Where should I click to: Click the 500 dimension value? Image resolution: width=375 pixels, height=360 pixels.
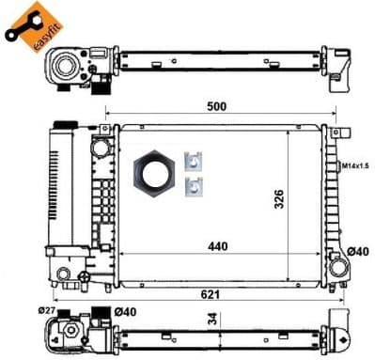[x=216, y=106]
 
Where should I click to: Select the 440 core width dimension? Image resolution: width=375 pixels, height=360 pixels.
[x=218, y=246]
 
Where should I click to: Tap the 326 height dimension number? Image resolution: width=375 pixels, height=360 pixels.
[x=279, y=198]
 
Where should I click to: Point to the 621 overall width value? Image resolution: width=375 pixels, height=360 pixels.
[x=211, y=294]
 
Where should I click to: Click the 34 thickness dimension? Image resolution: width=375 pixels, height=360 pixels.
[x=212, y=319]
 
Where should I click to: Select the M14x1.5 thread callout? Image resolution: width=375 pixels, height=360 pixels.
[x=354, y=165]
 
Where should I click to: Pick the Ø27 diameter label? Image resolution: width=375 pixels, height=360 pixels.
[x=47, y=310]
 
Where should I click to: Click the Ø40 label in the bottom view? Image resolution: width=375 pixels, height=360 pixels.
[x=125, y=312]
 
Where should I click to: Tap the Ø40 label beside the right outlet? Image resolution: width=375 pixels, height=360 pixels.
[x=358, y=251]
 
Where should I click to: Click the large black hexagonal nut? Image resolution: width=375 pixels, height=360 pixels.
[x=154, y=174]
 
